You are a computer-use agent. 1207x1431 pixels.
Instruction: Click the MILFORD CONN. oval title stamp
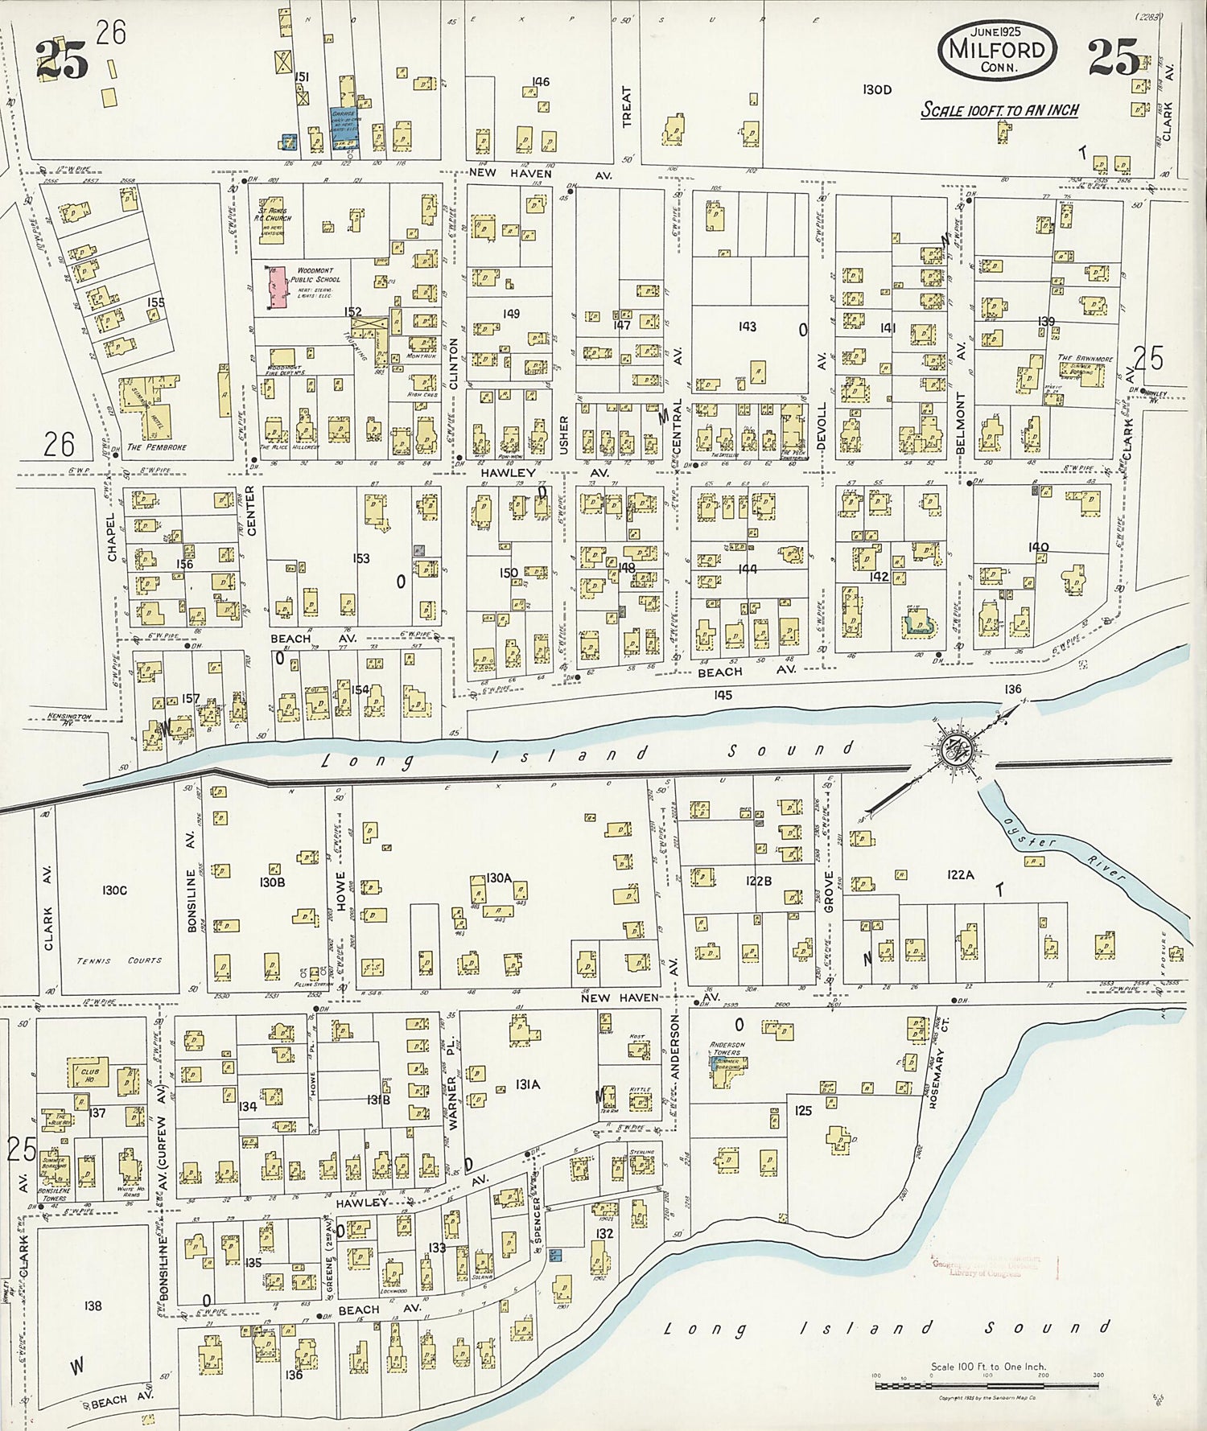(x=997, y=50)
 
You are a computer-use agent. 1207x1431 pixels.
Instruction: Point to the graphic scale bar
(x=987, y=1385)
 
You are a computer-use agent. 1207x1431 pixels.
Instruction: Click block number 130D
(x=876, y=90)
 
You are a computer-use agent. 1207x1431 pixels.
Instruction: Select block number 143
(x=747, y=327)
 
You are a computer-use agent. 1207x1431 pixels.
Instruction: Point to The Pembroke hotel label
(x=156, y=447)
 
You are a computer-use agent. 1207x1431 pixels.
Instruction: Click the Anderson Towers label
(x=727, y=1048)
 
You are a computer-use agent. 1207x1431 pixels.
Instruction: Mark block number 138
(x=93, y=1305)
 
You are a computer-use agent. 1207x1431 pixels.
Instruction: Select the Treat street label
(x=627, y=107)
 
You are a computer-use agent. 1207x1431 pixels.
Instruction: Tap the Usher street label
(x=563, y=435)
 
